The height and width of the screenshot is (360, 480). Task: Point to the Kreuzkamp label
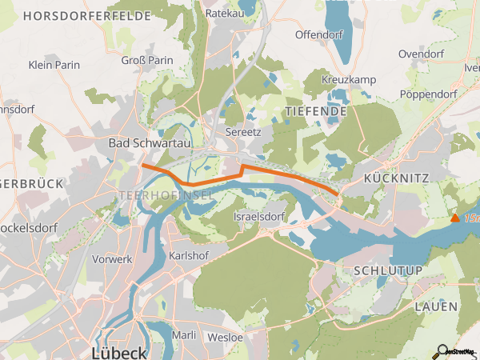point(349,81)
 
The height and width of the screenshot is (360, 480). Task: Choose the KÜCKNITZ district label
point(397,178)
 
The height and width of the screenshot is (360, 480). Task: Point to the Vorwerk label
point(112,259)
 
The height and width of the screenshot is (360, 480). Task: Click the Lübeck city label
point(119,352)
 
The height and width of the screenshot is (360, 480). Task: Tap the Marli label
point(184,335)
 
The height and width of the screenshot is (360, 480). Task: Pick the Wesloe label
point(225,337)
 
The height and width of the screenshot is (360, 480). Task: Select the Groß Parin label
point(148,60)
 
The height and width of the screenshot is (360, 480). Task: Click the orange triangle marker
point(455,218)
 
